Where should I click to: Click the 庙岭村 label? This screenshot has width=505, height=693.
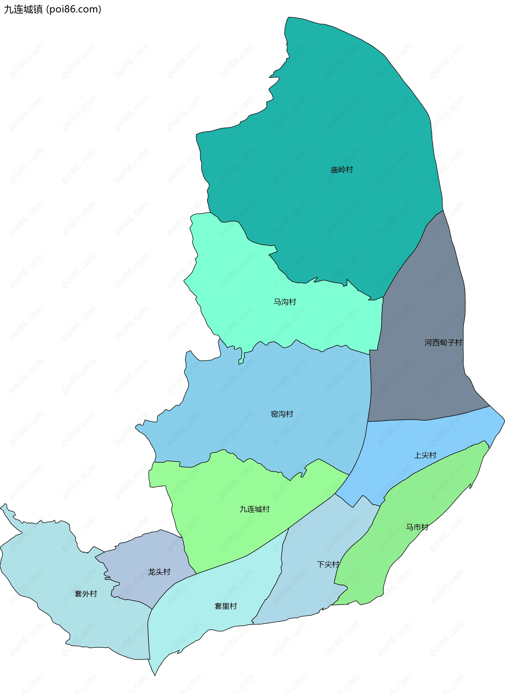coord(341,170)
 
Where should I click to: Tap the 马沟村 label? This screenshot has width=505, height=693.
coord(285,302)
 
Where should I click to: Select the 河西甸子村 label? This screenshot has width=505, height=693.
coord(443,342)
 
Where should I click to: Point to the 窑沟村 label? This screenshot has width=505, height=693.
coord(282,414)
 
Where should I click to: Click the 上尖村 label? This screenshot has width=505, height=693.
coord(425,455)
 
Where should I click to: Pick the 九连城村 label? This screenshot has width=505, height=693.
coord(254,509)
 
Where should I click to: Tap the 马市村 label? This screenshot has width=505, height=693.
coord(417,527)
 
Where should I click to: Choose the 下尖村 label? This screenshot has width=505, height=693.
coord(328,564)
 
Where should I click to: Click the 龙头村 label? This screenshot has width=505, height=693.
coord(159,572)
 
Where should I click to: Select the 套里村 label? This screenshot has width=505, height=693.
coord(226,606)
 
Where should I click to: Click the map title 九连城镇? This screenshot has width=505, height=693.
coord(23,9)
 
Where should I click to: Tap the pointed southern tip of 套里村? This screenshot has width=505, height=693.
coord(155,674)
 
